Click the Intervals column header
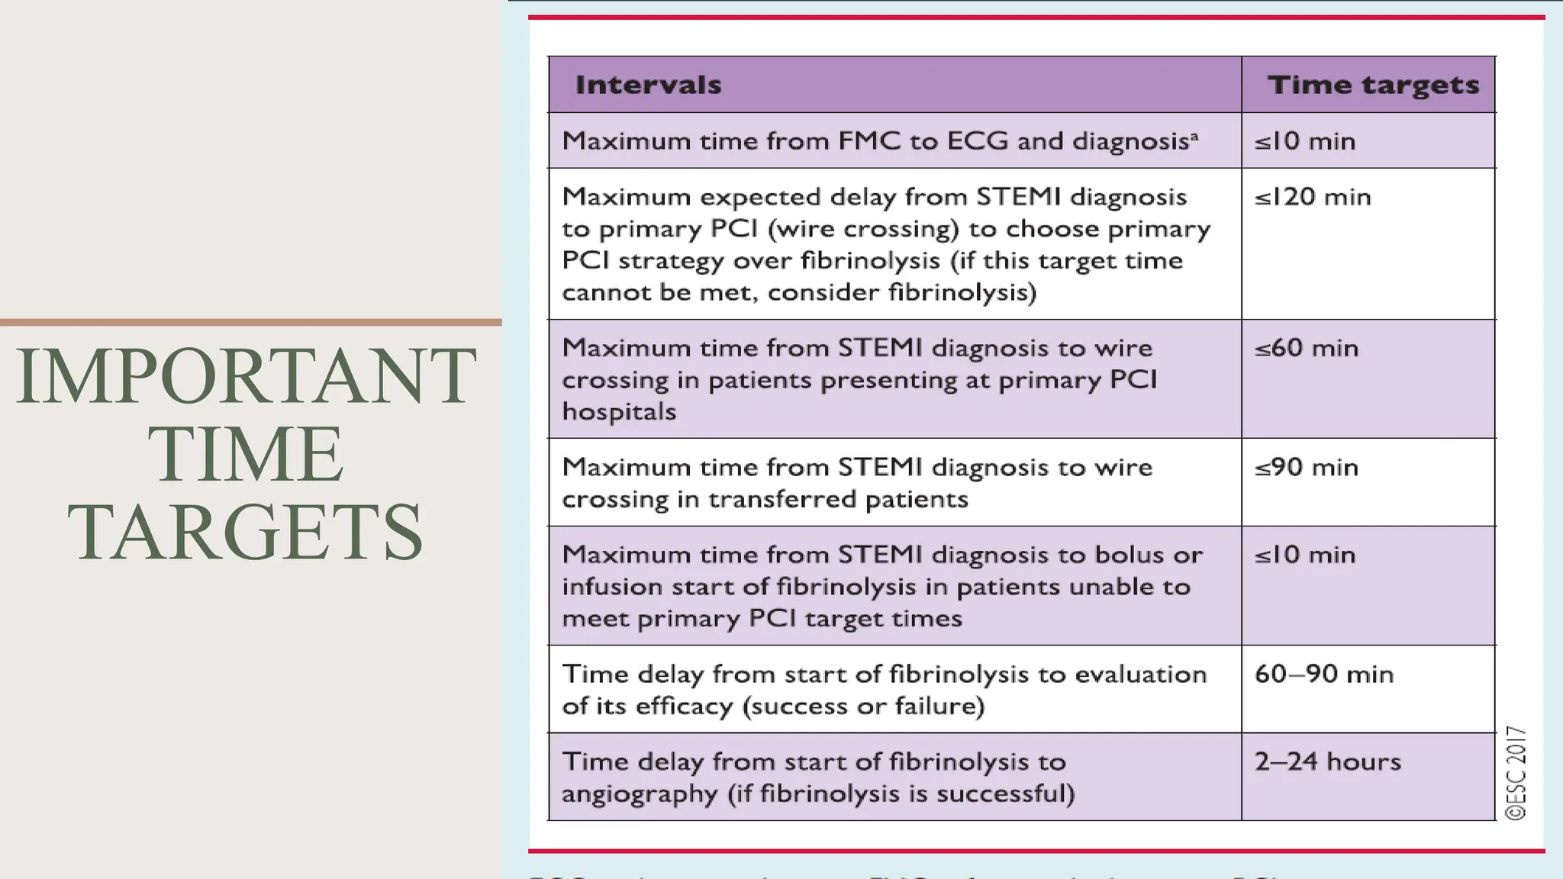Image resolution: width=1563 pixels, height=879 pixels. (648, 85)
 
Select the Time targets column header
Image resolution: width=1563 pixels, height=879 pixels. (1373, 85)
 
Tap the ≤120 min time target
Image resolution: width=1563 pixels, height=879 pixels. (1313, 197)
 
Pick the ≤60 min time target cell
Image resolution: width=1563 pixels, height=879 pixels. (1307, 348)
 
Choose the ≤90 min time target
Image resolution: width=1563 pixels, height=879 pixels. (1307, 467)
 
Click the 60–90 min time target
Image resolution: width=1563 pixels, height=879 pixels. (1323, 674)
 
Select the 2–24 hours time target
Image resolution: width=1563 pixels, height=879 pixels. (1327, 761)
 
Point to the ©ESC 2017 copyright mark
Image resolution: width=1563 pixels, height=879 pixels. (1516, 773)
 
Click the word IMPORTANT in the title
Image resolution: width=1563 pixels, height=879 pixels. (246, 375)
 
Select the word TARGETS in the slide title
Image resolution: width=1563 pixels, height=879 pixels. (246, 532)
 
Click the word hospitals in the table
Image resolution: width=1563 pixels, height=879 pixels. (619, 412)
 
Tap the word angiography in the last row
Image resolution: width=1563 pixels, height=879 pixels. (640, 794)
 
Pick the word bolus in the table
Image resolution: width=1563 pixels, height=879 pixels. (1130, 555)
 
